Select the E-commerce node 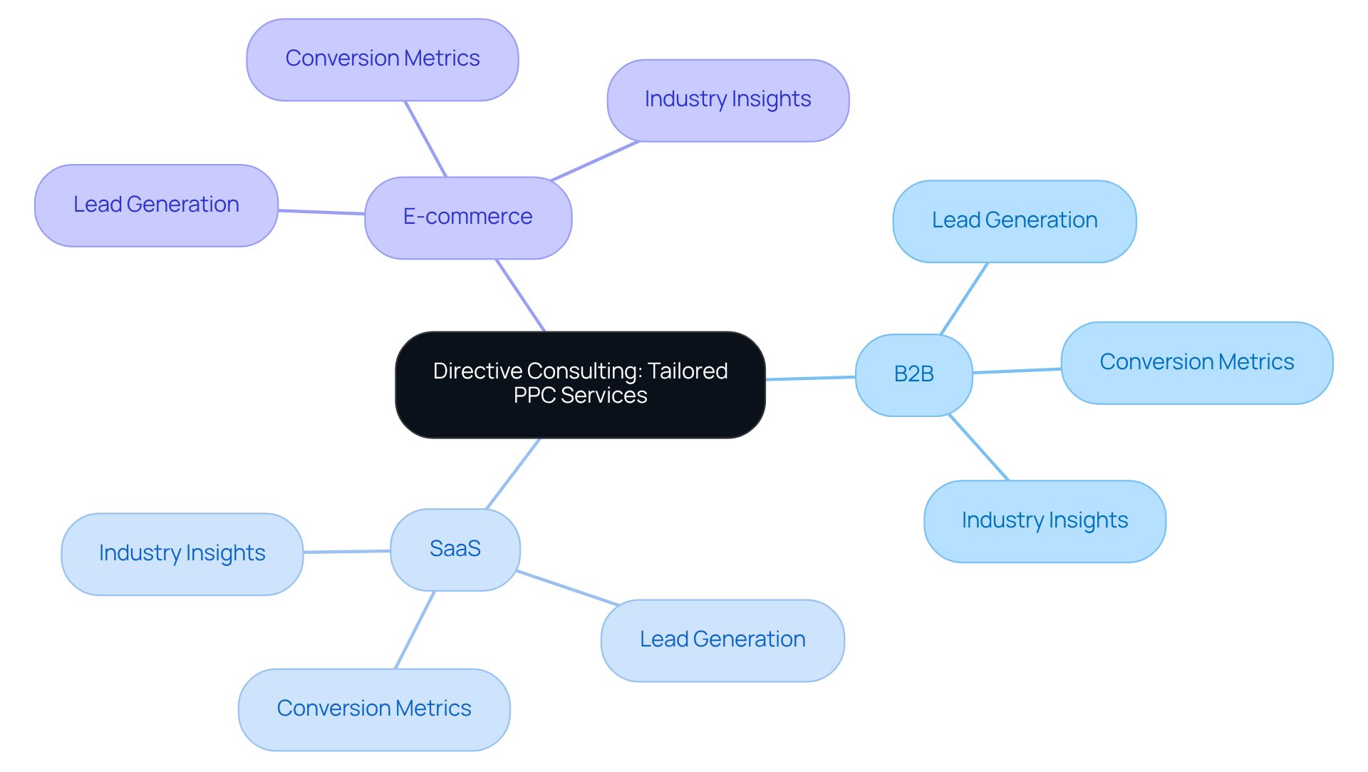pyautogui.click(x=467, y=217)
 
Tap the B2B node pyautogui.click(x=913, y=374)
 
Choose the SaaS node pyautogui.click(x=455, y=549)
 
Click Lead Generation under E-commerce pyautogui.click(x=156, y=205)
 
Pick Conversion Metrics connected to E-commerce pyautogui.click(x=382, y=59)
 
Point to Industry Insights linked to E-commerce pyautogui.click(x=727, y=100)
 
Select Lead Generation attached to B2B pyautogui.click(x=1014, y=221)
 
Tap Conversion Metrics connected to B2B pyautogui.click(x=1196, y=363)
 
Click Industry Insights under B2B pyautogui.click(x=1045, y=521)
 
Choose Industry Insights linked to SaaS pyautogui.click(x=182, y=554)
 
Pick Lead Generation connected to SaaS pyautogui.click(x=722, y=640)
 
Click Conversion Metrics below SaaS pyautogui.click(x=374, y=709)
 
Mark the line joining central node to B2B pyautogui.click(x=810, y=378)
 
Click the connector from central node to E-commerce pyautogui.click(x=521, y=296)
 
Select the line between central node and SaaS pyautogui.click(x=513, y=473)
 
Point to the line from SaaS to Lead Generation pyautogui.click(x=567, y=588)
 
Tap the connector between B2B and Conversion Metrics pyautogui.click(x=1017, y=371)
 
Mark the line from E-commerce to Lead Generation pyautogui.click(x=321, y=212)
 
